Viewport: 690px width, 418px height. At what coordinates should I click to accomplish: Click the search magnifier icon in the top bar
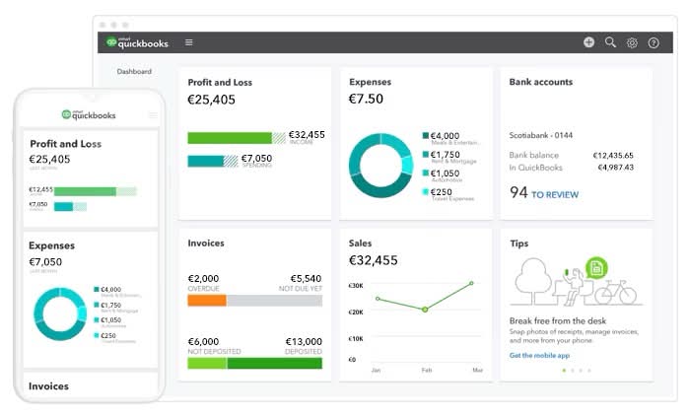610,42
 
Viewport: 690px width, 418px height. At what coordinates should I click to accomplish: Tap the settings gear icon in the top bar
632,42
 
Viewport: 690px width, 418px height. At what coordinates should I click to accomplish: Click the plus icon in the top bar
588,42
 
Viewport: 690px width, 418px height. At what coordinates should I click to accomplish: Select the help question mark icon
654,42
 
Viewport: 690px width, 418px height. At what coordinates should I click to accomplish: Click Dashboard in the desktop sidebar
134,72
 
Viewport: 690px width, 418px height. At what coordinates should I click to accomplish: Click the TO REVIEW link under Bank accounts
555,194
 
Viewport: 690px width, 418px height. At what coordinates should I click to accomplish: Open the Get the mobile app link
539,355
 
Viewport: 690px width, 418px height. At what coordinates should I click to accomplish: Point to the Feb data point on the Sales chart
425,310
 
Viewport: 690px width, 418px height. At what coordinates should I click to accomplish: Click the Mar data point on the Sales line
472,283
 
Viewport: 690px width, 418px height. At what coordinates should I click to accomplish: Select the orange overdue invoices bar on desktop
207,300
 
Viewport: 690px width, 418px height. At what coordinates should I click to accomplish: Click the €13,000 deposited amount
303,340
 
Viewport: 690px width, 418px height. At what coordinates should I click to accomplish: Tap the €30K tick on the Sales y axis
356,286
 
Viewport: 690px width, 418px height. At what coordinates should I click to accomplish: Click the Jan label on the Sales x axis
376,371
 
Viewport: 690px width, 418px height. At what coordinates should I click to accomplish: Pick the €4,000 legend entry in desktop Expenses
445,136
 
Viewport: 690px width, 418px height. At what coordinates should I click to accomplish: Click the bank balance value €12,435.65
613,155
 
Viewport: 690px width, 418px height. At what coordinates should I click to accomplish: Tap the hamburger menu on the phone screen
153,115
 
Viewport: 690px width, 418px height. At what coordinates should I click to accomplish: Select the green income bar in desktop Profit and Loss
229,138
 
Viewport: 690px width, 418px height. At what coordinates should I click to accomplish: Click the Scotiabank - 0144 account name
540,135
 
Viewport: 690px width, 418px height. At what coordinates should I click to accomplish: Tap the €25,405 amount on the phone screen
49,159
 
